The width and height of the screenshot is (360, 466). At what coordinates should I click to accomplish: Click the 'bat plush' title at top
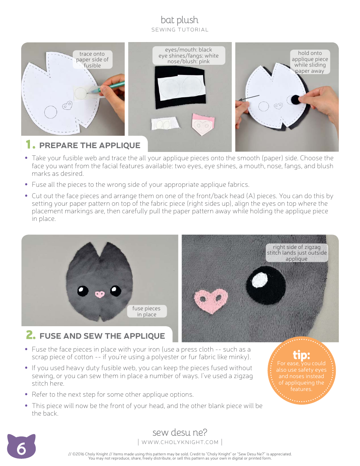pyautogui.click(x=180, y=20)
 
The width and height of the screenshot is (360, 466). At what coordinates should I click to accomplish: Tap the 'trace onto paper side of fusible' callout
pyautogui.click(x=92, y=59)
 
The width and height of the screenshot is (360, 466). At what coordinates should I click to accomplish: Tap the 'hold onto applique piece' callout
pyautogui.click(x=310, y=62)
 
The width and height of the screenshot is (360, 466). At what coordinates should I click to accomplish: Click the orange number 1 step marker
pyautogui.click(x=30, y=145)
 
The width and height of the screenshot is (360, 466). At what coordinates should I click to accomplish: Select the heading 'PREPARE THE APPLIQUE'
pyautogui.click(x=90, y=145)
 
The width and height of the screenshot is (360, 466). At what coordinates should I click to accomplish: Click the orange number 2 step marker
pyautogui.click(x=30, y=335)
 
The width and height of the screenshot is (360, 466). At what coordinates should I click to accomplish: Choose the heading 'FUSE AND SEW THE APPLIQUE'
pyautogui.click(x=102, y=336)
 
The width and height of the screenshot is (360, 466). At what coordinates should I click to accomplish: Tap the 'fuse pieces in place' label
pyautogui.click(x=147, y=311)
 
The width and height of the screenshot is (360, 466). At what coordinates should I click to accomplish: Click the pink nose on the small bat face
pyautogui.click(x=100, y=294)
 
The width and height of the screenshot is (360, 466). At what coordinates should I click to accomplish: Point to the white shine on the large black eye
pyautogui.click(x=259, y=279)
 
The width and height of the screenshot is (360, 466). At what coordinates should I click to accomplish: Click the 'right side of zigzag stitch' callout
pyautogui.click(x=296, y=253)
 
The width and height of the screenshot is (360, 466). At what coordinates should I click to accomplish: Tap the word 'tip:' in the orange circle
pyautogui.click(x=301, y=355)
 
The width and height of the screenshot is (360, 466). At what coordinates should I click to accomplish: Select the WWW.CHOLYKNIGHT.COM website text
pyautogui.click(x=180, y=442)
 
